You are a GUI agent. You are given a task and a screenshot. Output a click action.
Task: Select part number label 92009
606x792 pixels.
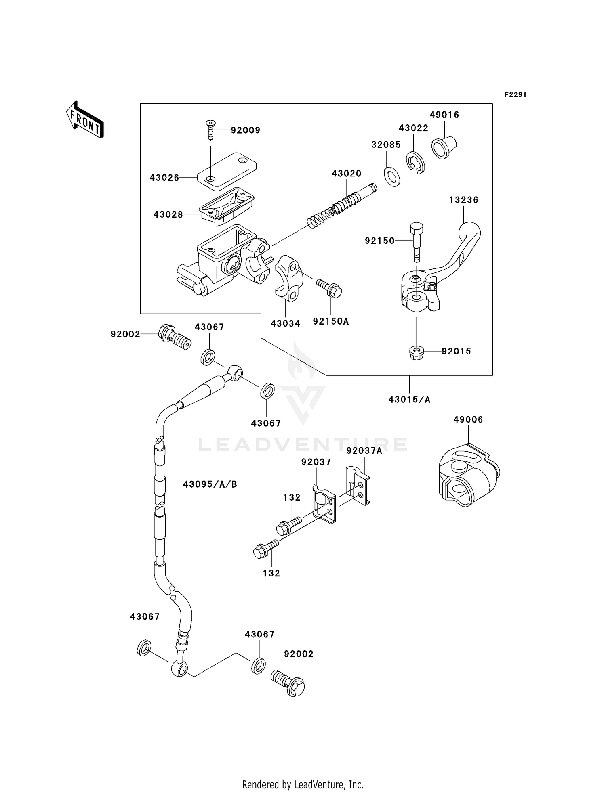click(245, 130)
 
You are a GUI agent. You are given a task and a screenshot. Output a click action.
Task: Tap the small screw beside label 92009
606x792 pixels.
click(210, 130)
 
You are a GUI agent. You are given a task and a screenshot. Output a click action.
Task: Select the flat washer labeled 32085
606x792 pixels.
click(391, 176)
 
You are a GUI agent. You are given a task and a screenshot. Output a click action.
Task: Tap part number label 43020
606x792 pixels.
click(346, 174)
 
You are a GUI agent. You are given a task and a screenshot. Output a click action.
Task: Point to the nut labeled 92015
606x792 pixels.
click(417, 352)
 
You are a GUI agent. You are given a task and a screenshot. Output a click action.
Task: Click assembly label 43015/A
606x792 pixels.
click(409, 400)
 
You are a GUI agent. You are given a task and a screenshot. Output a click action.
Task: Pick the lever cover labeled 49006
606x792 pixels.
click(468, 478)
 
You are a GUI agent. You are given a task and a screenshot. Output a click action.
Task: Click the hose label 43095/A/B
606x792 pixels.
click(210, 484)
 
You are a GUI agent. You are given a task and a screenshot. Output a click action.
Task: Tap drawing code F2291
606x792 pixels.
click(515, 95)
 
